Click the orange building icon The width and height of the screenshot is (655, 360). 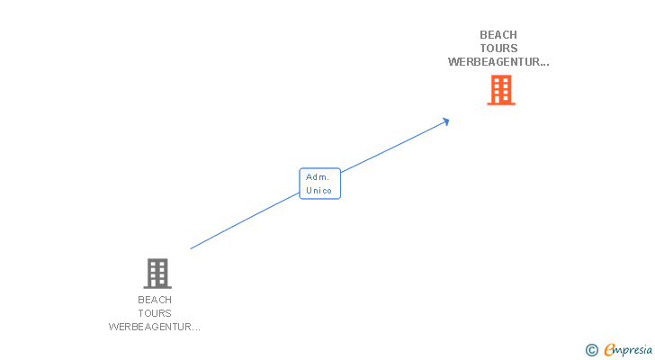click(501, 90)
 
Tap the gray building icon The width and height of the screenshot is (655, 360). click(157, 273)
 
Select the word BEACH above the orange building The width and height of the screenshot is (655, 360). click(498, 35)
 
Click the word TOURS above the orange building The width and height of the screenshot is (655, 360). click(498, 49)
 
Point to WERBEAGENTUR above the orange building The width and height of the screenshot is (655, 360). click(493, 62)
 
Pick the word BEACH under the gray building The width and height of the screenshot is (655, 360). click(155, 300)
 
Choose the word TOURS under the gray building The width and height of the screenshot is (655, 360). click(155, 313)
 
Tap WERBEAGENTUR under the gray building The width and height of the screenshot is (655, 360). click(149, 327)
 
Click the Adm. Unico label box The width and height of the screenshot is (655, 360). click(319, 184)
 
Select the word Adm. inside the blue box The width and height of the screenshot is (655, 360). click(318, 177)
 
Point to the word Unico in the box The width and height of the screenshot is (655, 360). click(319, 190)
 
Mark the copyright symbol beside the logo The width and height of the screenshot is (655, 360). click(591, 350)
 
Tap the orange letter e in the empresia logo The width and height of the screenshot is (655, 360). click(609, 350)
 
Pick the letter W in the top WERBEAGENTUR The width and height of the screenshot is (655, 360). click(453, 62)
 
